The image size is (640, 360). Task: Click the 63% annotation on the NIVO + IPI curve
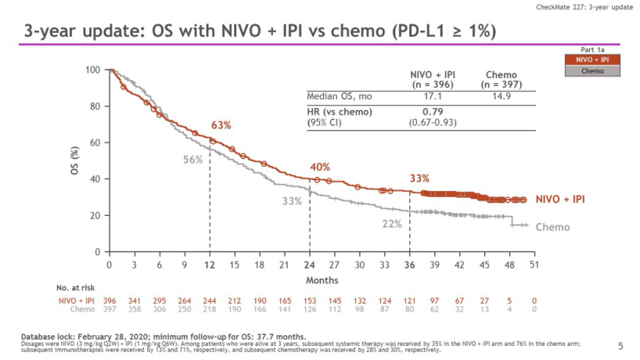[221, 125]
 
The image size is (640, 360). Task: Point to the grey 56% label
[193, 160]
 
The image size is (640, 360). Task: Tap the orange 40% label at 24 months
[319, 167]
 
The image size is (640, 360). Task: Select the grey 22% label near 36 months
[392, 224]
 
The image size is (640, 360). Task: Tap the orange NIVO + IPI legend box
[592, 59]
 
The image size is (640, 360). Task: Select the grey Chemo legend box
[592, 70]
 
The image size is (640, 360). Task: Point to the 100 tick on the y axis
[93, 70]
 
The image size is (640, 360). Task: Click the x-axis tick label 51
[534, 265]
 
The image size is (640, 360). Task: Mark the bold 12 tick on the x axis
[209, 265]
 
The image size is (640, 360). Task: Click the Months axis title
[322, 280]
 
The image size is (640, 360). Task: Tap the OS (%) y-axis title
[74, 160]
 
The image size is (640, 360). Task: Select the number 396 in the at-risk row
[110, 301]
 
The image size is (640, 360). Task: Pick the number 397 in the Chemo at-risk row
[110, 309]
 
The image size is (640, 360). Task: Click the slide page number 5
[620, 345]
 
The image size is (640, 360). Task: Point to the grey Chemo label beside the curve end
[553, 228]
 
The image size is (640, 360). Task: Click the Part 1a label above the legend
[592, 49]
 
